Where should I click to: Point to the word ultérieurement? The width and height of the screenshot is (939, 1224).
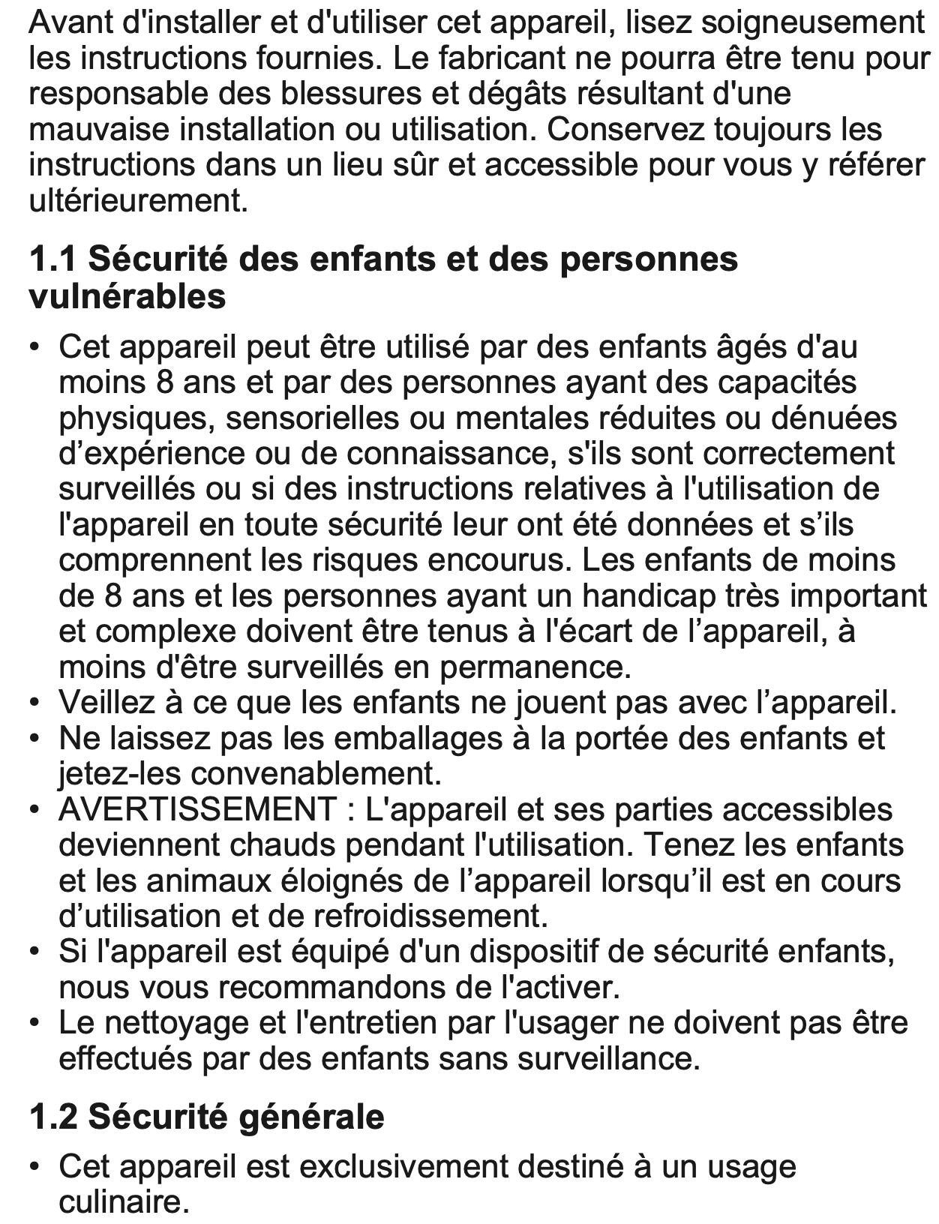[138, 201]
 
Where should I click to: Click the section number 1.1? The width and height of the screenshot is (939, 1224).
[53, 259]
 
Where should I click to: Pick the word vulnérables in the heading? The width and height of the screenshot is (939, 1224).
[127, 296]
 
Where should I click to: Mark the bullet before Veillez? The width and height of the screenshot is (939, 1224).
[34, 703]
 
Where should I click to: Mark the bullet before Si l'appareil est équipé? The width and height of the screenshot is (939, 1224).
[34, 952]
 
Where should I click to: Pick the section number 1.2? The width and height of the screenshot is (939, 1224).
[53, 1117]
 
